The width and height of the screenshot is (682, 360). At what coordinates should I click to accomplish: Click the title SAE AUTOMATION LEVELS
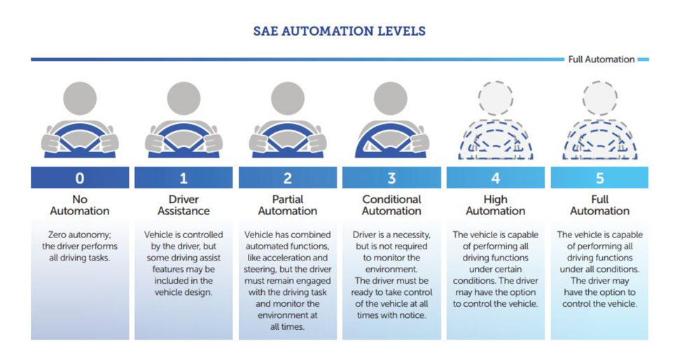click(340, 32)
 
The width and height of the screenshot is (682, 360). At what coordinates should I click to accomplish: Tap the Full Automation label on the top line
click(601, 60)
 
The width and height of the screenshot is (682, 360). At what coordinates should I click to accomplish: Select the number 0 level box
click(80, 178)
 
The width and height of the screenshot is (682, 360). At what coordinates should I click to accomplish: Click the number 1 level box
click(183, 178)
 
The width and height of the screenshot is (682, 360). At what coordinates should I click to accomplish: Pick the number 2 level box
click(288, 178)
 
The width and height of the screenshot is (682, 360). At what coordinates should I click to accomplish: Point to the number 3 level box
click(391, 178)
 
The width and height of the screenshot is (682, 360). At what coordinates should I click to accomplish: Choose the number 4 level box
click(496, 178)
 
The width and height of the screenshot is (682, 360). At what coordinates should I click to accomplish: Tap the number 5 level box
click(599, 178)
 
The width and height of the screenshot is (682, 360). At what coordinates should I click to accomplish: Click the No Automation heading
click(80, 205)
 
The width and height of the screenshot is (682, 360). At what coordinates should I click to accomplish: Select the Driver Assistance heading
click(183, 205)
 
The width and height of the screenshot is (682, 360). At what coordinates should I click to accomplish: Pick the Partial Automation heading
click(288, 205)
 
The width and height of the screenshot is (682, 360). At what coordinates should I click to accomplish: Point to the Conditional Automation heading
click(391, 205)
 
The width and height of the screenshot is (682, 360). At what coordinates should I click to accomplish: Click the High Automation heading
click(496, 205)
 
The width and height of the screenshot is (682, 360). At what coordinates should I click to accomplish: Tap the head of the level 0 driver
click(80, 98)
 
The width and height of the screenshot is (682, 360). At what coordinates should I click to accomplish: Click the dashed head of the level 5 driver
click(600, 98)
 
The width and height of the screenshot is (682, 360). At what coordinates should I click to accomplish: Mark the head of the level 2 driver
click(288, 98)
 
